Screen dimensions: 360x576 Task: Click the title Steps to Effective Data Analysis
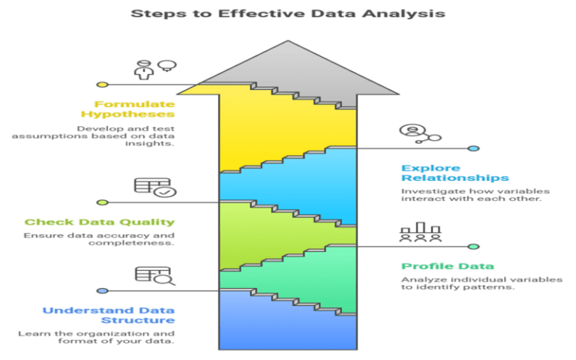click(288, 13)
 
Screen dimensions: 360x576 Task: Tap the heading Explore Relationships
click(454, 172)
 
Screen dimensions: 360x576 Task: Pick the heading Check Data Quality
click(100, 222)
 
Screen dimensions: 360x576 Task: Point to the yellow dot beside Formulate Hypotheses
click(103, 85)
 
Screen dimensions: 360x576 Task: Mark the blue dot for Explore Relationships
click(473, 148)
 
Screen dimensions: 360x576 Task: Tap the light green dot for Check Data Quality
click(103, 202)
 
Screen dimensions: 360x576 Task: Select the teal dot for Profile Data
click(473, 246)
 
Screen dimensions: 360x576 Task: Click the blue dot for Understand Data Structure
click(103, 290)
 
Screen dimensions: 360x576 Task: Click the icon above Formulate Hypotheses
click(154, 69)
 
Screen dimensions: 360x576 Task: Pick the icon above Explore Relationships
click(419, 133)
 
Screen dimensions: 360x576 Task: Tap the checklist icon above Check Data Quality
click(154, 187)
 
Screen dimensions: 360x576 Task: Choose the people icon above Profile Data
click(419, 232)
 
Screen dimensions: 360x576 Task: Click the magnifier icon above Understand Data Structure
click(154, 276)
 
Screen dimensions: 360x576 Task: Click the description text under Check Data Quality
click(99, 239)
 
